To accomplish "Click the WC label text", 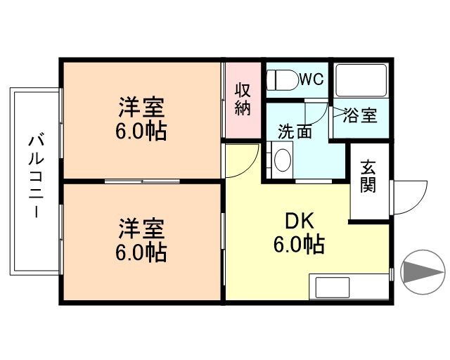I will click(x=311, y=79).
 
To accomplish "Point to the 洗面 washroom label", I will click(x=294, y=131).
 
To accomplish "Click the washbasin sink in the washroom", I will click(x=283, y=160).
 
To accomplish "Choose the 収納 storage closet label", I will click(x=243, y=100).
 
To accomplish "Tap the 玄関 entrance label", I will click(x=368, y=176).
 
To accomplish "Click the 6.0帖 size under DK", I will click(x=298, y=245).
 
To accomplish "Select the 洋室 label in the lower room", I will click(x=141, y=229).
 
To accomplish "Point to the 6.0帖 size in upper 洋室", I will click(x=141, y=131).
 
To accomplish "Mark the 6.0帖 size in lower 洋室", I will click(x=141, y=252).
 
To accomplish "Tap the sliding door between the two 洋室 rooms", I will click(x=143, y=182).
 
